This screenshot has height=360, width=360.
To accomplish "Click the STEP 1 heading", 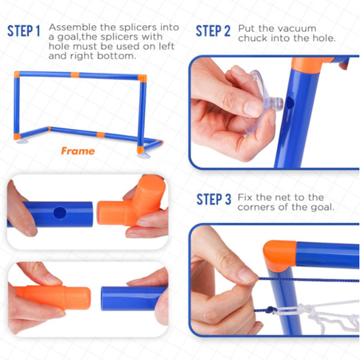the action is click(24, 31).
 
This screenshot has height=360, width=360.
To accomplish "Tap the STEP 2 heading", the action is click(213, 31).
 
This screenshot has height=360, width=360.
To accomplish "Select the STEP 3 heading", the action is click(214, 199).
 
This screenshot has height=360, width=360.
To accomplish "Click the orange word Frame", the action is click(78, 151).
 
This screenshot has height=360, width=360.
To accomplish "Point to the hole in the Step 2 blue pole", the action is click(290, 103).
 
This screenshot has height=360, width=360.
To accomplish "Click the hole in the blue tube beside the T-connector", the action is click(60, 212).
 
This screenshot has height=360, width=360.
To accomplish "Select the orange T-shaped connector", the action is click(132, 202).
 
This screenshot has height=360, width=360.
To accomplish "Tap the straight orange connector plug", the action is click(53, 297).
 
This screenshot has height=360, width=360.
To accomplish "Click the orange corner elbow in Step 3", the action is click(279, 255).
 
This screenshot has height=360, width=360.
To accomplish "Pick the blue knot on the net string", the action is click(271, 310).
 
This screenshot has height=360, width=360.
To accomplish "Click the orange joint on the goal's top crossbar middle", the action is click(75, 75).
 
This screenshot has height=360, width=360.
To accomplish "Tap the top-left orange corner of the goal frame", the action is click(17, 74).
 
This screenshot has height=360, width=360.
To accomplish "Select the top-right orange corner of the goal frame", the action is click(142, 78).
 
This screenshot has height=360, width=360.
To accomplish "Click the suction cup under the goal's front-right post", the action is click(143, 155).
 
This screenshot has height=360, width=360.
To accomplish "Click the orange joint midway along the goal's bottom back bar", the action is click(101, 135).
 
